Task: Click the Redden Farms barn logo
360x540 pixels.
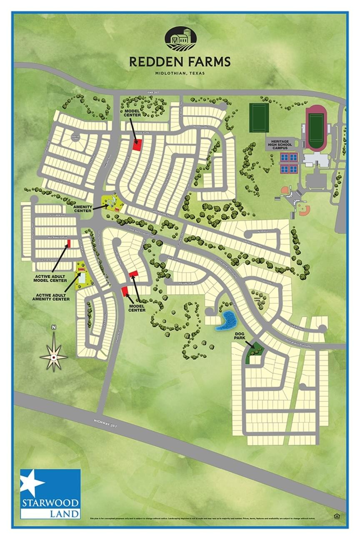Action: [x=180, y=39]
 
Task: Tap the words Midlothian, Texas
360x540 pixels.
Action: [x=180, y=73]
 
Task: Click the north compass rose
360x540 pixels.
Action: [x=54, y=356]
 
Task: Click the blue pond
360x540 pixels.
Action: [x=226, y=321]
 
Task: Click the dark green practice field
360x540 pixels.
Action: [x=259, y=118]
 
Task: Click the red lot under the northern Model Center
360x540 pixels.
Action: [x=137, y=144]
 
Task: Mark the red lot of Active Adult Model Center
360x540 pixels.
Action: [x=69, y=243]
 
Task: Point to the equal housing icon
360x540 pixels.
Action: [x=336, y=516]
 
